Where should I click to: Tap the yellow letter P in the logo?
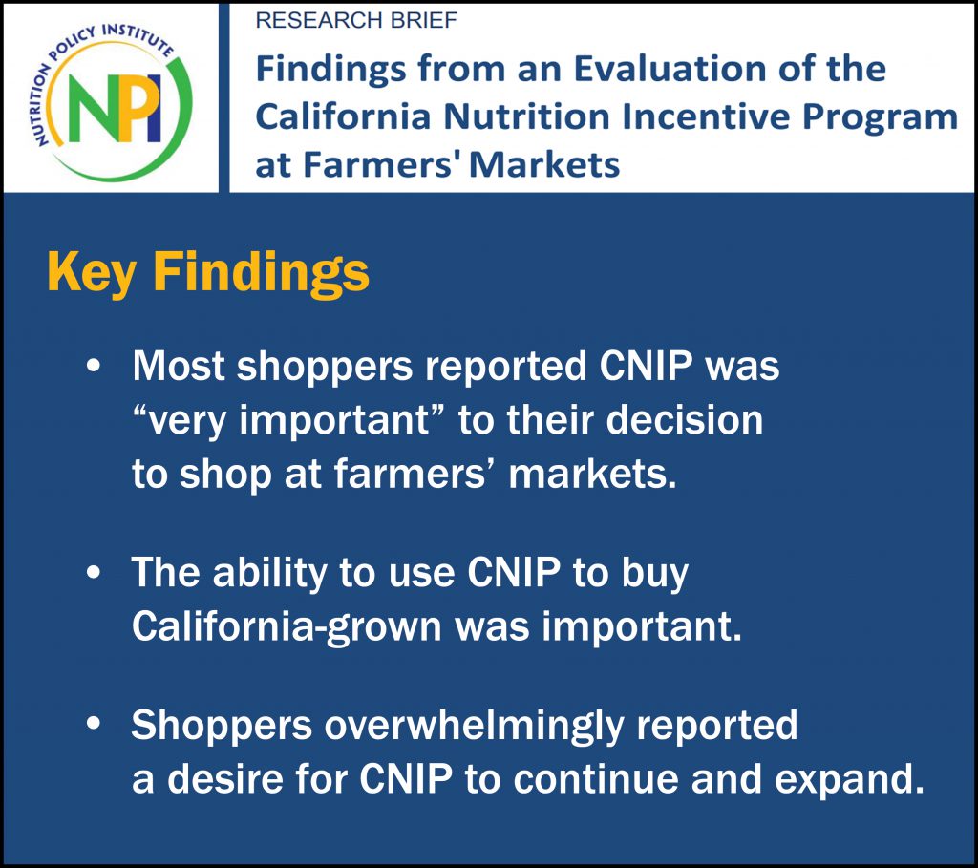(130, 107)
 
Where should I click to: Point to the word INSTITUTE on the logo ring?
(137, 38)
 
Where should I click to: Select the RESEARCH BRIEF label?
(356, 21)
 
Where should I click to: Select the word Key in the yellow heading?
(91, 273)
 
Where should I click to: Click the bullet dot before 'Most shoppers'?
(94, 366)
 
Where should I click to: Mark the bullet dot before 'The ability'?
(94, 572)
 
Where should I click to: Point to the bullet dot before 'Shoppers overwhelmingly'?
(94, 724)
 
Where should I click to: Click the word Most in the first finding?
(179, 366)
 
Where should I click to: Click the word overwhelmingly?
(474, 727)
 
